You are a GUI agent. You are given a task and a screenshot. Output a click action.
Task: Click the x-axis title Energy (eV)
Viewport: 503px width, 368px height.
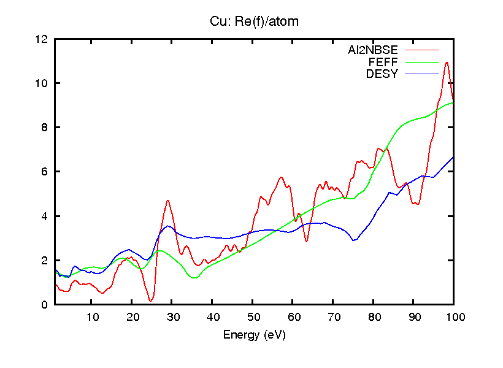tap(254, 335)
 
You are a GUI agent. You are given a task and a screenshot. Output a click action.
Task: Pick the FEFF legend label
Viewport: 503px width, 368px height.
tap(383, 62)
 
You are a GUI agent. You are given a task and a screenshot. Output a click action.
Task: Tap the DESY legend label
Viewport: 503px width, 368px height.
tap(382, 74)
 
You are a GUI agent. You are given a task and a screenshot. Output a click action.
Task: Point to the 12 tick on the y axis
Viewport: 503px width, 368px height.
tap(42, 39)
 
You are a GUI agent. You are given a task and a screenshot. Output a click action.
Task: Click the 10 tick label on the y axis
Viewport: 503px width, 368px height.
tap(42, 83)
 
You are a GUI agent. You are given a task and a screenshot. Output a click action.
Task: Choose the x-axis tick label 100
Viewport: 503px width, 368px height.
tap(454, 317)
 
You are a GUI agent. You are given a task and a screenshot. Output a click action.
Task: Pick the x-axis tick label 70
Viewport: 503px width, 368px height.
tap(333, 317)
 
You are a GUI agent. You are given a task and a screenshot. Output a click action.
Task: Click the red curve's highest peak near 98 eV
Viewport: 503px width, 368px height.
tap(447, 63)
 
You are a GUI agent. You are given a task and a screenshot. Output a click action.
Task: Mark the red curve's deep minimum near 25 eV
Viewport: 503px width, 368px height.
tap(151, 301)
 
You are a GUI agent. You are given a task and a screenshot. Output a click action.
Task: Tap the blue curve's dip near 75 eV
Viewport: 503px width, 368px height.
tap(354, 240)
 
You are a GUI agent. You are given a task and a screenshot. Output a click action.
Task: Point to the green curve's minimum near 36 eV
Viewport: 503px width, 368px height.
tap(195, 278)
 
